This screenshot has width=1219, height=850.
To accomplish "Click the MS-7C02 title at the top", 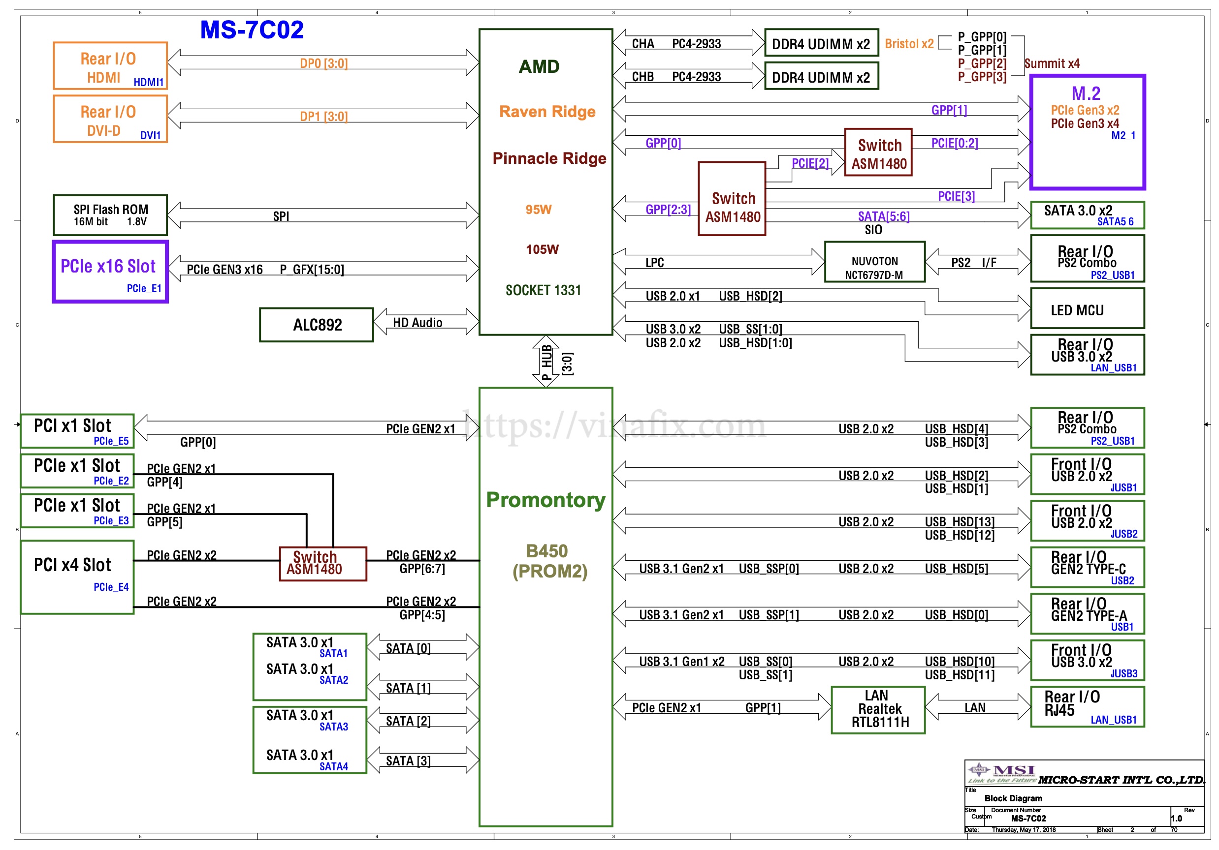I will (252, 30).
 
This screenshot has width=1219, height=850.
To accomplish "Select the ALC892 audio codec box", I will (317, 325).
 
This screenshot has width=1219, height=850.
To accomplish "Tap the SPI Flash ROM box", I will (110, 215).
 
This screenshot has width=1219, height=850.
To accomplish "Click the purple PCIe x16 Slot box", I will (110, 272).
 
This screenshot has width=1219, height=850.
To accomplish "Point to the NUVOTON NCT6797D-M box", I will (874, 262).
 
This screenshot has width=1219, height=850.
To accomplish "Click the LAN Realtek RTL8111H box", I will (878, 709).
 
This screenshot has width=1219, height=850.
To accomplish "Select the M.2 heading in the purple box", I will (1086, 93).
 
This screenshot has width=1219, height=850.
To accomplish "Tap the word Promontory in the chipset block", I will (546, 500).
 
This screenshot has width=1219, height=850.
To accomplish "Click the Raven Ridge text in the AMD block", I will (547, 112).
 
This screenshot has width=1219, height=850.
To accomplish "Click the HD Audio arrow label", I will (417, 323).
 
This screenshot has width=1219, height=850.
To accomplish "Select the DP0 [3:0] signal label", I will (323, 63).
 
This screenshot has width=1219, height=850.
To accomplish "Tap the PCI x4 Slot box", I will (77, 577).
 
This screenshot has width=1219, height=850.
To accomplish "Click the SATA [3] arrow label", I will (408, 761).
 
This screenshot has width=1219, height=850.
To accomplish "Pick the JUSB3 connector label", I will (1123, 673).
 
